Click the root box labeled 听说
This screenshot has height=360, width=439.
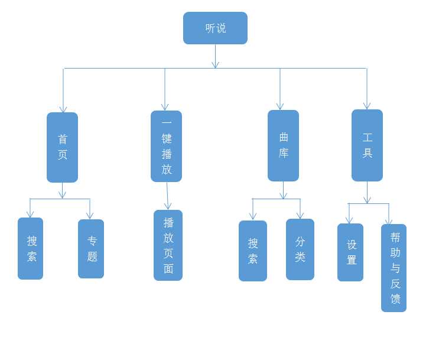215,28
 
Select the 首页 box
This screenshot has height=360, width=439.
62,147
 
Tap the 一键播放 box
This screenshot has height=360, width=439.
166,146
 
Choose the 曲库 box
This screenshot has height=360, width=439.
283,145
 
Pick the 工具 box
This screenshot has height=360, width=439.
367,145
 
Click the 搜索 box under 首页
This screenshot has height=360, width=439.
30,248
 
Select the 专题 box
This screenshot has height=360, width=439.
91,249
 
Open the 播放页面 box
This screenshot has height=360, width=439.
168,245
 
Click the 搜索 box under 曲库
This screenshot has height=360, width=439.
253,251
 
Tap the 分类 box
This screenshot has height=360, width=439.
300,249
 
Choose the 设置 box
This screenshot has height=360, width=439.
350,252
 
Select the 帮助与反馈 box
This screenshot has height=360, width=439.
394,268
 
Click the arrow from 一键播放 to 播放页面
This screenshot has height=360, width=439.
167,196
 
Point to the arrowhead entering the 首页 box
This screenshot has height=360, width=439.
63,109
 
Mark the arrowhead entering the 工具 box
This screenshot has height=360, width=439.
367,106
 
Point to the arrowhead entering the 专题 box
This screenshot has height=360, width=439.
90,216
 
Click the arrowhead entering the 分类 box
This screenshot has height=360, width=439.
300,216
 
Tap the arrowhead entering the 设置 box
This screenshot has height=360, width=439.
349,220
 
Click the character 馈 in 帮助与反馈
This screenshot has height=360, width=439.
395,299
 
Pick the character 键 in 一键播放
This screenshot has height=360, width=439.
167,139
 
